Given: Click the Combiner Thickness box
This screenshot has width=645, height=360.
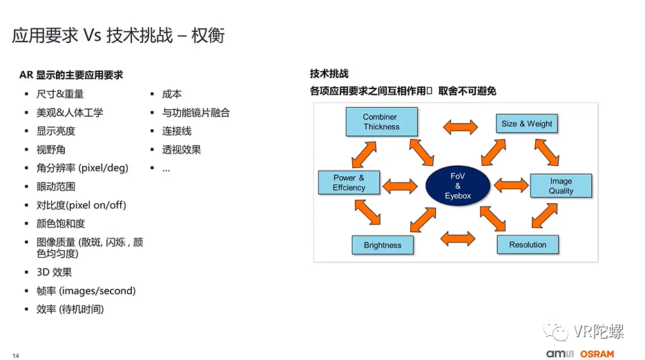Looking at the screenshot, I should pyautogui.click(x=381, y=122).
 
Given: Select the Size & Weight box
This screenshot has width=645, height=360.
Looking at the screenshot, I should pyautogui.click(x=526, y=124).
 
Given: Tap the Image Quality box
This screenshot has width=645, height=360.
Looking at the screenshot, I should pyautogui.click(x=560, y=186).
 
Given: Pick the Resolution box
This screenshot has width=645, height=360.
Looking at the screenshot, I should pyautogui.click(x=528, y=245).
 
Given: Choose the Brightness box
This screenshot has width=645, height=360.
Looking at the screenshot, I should pyautogui.click(x=382, y=245).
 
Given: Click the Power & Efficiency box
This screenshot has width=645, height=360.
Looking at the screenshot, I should pyautogui.click(x=349, y=183).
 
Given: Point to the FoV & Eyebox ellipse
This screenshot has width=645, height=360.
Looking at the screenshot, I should pyautogui.click(x=457, y=186).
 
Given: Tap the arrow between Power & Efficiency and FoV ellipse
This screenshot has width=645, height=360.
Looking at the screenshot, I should pyautogui.click(x=400, y=184).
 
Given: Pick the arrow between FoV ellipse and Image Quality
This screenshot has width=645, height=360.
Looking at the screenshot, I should pyautogui.click(x=511, y=185).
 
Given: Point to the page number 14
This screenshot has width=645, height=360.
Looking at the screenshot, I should pyautogui.click(x=16, y=355).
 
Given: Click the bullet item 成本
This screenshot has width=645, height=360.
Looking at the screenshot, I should pyautogui.click(x=172, y=94).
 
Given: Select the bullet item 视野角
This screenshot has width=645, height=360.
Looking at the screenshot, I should pyautogui.click(x=51, y=149).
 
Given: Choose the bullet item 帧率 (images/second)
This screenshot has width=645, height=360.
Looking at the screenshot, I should pyautogui.click(x=86, y=291).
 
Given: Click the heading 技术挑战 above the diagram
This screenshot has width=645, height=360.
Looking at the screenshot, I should pyautogui.click(x=329, y=74).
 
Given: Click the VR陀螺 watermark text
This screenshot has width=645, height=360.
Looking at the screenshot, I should pyautogui.click(x=598, y=332).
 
